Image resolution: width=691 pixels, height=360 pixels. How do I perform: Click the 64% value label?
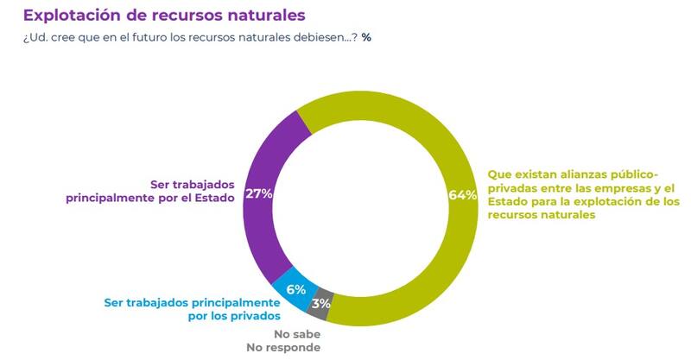tap(463, 195)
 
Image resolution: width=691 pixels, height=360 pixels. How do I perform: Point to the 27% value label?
tap(259, 193)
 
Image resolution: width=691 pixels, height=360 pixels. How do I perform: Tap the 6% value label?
tap(295, 289)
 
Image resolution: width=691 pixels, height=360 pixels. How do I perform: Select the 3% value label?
tap(321, 303)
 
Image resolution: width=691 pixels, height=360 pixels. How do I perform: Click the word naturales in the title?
tap(260, 16)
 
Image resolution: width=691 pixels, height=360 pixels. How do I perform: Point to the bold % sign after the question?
tap(366, 38)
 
